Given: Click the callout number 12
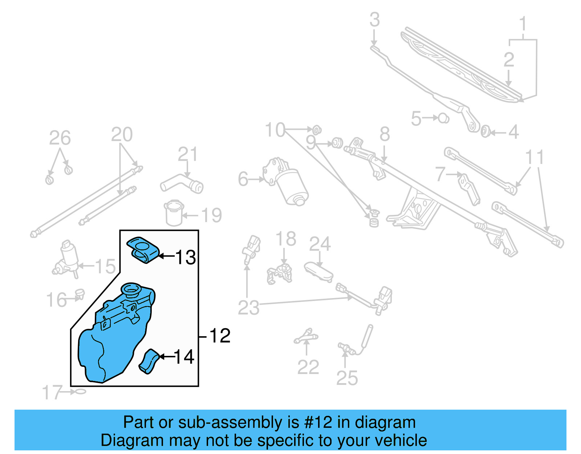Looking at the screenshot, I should pyautogui.click(x=220, y=335).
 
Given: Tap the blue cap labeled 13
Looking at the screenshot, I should pyautogui.click(x=143, y=249).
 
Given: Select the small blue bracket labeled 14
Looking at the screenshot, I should pyautogui.click(x=149, y=361).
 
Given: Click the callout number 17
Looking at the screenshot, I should pyautogui.click(x=52, y=393).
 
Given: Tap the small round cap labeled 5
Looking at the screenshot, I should pyautogui.click(x=443, y=118).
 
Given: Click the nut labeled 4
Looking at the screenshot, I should pyautogui.click(x=485, y=132).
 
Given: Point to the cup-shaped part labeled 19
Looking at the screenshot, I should pyautogui.click(x=174, y=213).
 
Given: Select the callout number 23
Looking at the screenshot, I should pyautogui.click(x=248, y=308).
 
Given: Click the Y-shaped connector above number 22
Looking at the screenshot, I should pyautogui.click(x=306, y=336).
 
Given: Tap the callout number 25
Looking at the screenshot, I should pyautogui.click(x=347, y=378).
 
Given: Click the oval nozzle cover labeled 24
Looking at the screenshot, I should pyautogui.click(x=318, y=271).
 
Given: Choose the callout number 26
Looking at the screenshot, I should pyautogui.click(x=60, y=138).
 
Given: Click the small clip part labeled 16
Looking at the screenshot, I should pyautogui.click(x=80, y=293).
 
